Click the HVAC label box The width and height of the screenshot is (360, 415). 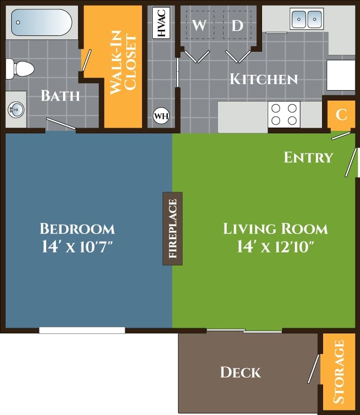(162, 23)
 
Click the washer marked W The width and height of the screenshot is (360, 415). (199, 25)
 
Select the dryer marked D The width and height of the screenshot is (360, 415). (237, 25)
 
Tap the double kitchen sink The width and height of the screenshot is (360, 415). (307, 19)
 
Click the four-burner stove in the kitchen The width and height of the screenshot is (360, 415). (285, 114)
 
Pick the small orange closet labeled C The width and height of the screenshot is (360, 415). (341, 114)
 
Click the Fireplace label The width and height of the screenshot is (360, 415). (172, 228)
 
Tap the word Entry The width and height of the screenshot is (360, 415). (309, 157)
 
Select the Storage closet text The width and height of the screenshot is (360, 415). (338, 372)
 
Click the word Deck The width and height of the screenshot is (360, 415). (241, 372)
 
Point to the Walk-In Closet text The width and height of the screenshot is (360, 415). (123, 65)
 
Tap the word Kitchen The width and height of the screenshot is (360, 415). (264, 79)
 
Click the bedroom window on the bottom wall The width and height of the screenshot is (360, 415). (82, 330)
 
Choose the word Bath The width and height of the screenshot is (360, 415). (61, 95)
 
